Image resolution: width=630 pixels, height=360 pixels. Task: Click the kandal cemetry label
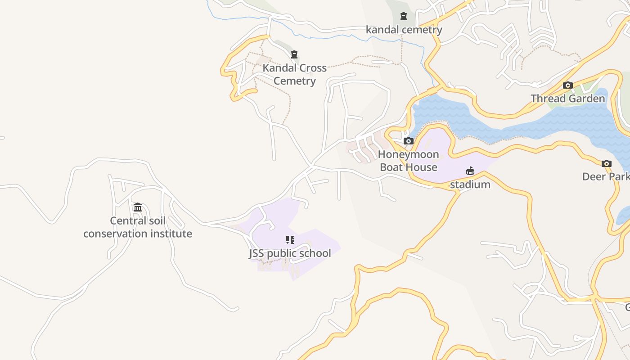404,30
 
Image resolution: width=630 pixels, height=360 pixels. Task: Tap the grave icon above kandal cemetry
404,17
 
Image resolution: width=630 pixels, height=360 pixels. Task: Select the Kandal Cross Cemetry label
295,75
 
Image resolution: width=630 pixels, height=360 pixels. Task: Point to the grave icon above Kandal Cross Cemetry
294,55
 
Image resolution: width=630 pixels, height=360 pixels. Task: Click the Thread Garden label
567,99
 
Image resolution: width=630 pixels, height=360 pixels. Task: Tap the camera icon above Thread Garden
568,85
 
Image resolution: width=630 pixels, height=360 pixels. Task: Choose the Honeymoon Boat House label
408,161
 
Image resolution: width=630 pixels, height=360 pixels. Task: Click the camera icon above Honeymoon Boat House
408,141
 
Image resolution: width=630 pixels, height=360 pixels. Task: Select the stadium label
470,184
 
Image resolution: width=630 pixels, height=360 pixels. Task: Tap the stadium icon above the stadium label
470,171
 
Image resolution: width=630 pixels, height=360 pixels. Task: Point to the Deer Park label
606,176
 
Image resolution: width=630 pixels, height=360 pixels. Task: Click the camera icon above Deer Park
606,163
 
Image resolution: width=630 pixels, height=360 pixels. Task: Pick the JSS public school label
290,253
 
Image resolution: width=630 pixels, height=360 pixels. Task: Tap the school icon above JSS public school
290,240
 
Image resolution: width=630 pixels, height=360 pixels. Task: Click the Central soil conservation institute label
138,227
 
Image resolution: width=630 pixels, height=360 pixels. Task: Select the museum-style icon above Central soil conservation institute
138,207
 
